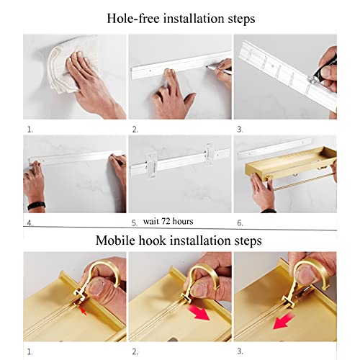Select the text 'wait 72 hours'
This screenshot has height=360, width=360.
pyautogui.click(x=168, y=221)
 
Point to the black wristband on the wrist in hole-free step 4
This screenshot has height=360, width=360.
pyautogui.click(x=36, y=206)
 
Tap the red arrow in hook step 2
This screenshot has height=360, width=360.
pyautogui.click(x=199, y=312)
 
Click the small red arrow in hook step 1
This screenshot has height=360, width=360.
pyautogui.click(x=83, y=311)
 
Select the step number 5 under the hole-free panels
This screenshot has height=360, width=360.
pyautogui.click(x=134, y=223)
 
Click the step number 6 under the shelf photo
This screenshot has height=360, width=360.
pyautogui.click(x=240, y=223)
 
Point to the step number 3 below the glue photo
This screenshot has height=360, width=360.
pyautogui.click(x=240, y=130)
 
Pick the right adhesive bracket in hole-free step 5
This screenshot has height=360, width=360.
pyautogui.click(x=210, y=154)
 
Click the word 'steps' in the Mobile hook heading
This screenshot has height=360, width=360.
pyautogui.click(x=248, y=240)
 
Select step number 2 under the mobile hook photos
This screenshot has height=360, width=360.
pyautogui.click(x=135, y=352)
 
